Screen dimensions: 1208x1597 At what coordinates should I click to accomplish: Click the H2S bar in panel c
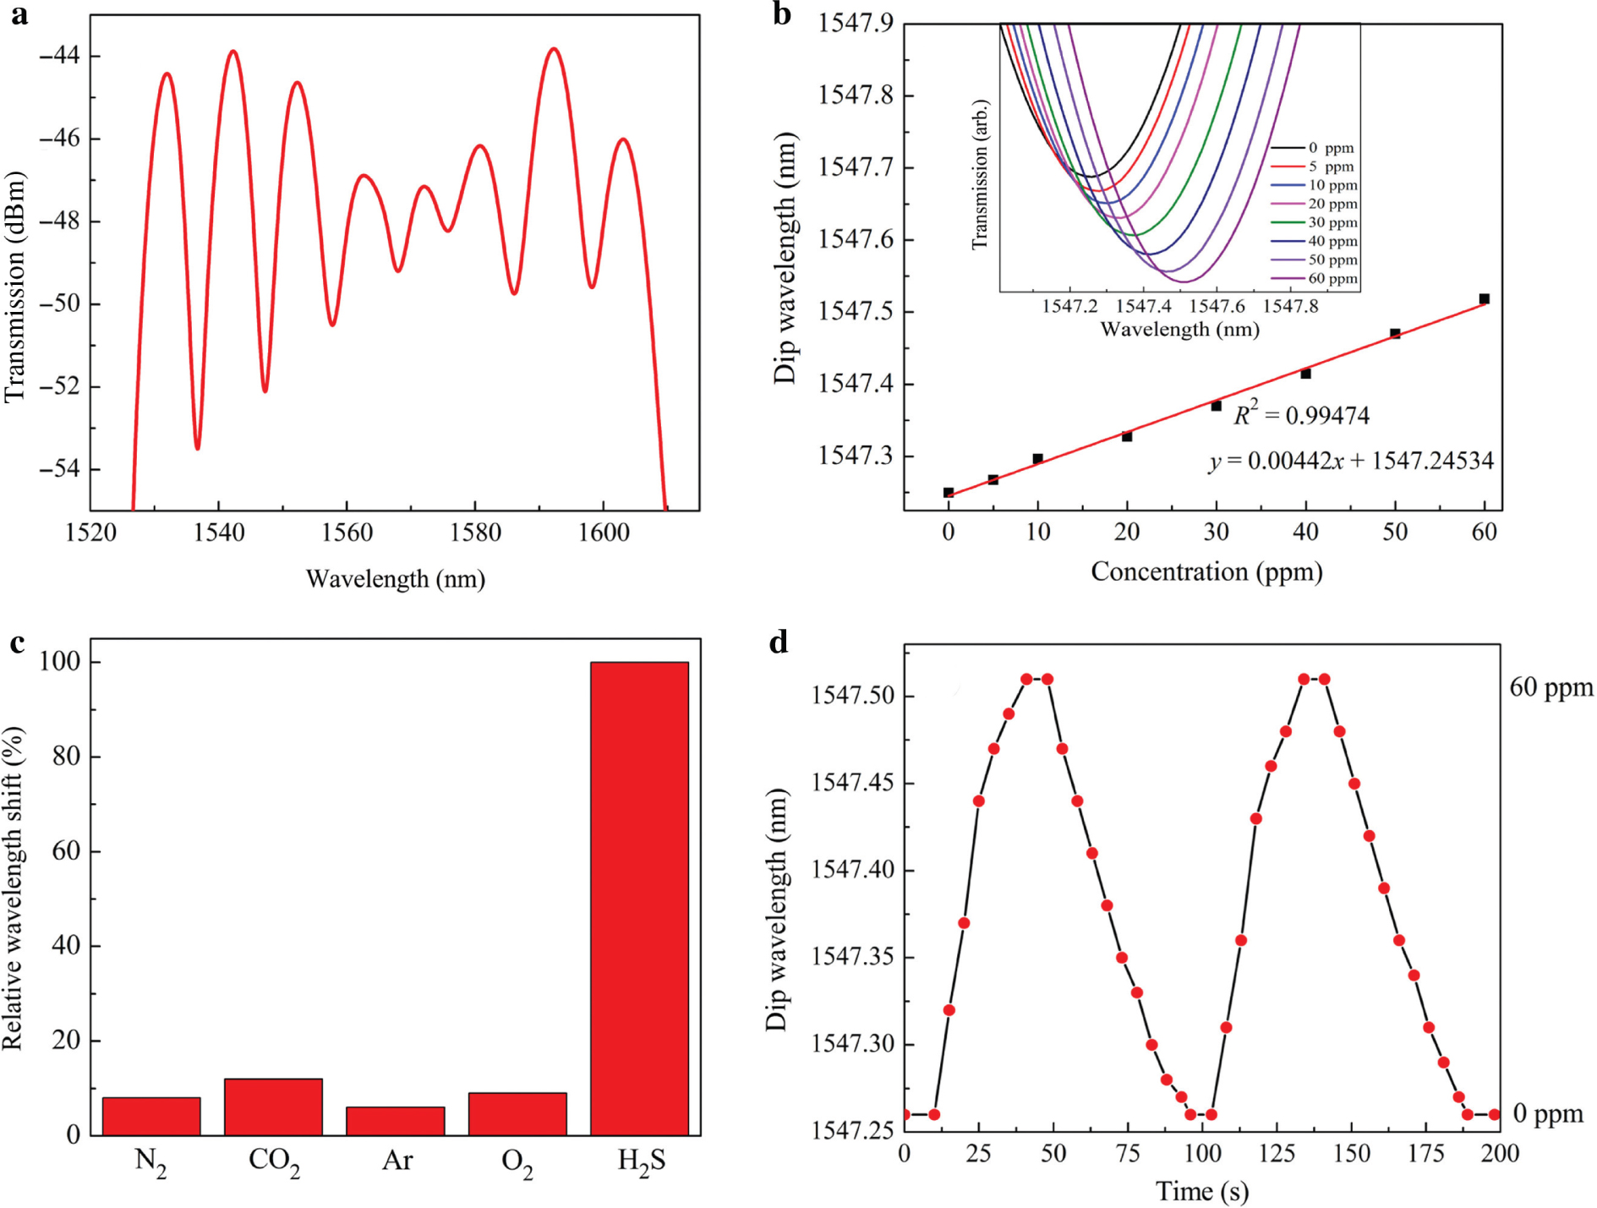(639, 897)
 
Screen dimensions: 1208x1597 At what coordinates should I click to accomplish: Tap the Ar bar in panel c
(396, 1120)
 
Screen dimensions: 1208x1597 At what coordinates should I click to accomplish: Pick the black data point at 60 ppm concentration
(1484, 299)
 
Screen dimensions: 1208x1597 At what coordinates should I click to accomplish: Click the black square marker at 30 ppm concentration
(1216, 407)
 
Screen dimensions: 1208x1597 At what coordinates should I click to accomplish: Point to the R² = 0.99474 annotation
(1301, 415)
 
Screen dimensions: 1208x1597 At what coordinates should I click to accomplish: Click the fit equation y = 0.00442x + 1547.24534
(1350, 461)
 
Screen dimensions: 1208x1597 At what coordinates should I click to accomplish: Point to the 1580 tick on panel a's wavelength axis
(475, 533)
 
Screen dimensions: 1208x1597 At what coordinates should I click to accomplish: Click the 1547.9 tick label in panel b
(855, 23)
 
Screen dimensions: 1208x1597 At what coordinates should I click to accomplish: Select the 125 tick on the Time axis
(1277, 1154)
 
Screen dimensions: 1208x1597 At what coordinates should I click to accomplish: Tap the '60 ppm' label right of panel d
(1551, 687)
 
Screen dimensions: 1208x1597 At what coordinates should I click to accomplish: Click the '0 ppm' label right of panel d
(1547, 1114)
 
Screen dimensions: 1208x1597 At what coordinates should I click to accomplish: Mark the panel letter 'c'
(17, 643)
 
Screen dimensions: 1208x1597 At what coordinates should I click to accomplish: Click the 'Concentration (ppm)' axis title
(1206, 572)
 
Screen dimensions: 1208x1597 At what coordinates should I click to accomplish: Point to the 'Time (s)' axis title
(1201, 1191)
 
